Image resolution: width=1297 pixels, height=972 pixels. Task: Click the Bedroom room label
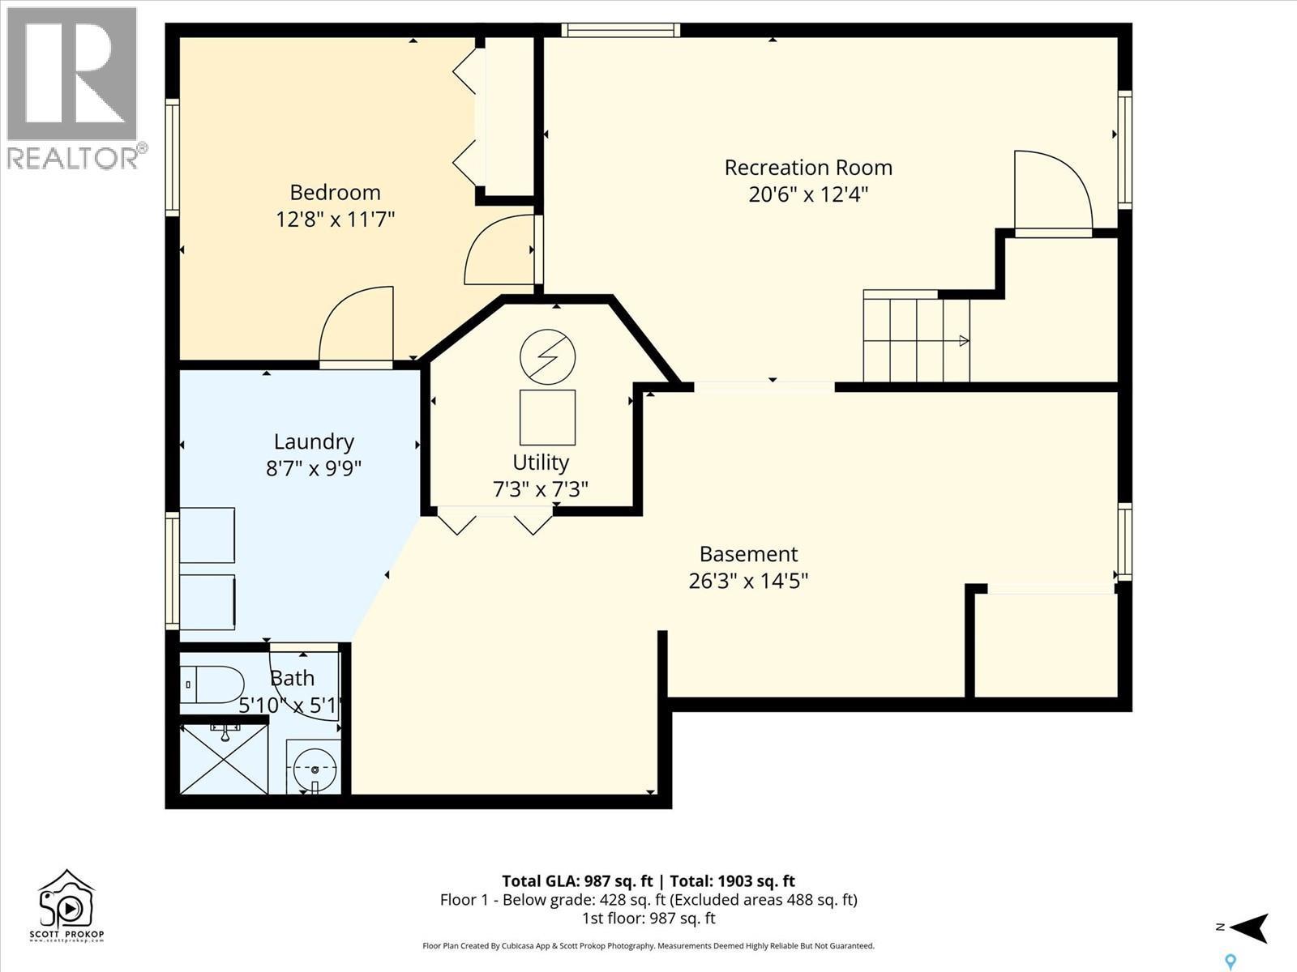[335, 192]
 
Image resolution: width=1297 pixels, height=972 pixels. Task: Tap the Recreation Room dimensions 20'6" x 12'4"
[808, 194]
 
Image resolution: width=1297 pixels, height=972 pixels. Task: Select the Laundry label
[314, 441]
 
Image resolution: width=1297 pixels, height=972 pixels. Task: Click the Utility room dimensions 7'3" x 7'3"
[540, 489]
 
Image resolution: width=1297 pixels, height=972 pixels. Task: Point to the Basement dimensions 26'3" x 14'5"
[748, 581]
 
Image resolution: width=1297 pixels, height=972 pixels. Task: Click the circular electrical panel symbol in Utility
[548, 357]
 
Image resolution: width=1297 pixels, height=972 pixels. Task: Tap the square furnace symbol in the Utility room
[548, 417]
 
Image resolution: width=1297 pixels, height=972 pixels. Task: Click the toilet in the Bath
[212, 685]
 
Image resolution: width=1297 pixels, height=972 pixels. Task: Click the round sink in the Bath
[313, 767]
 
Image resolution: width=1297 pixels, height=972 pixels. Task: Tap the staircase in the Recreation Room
[916, 340]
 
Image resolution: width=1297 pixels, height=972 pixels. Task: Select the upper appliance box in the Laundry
[207, 535]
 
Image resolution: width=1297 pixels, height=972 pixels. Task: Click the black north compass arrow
[1252, 927]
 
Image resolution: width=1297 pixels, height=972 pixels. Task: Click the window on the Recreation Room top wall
[620, 31]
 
